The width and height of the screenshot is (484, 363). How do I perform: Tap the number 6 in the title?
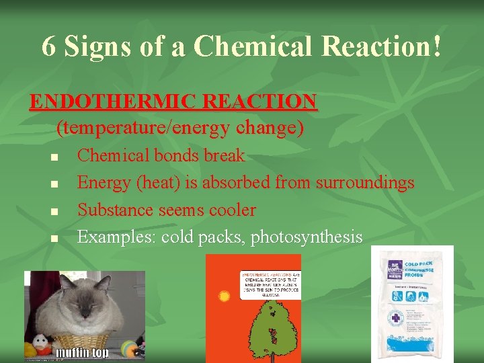coord(48,46)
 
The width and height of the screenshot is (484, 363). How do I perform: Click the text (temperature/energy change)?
coord(179,127)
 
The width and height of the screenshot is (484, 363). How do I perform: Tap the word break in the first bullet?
coord(224,156)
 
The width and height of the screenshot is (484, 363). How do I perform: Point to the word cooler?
coord(232,210)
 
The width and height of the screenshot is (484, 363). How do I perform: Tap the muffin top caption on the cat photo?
coord(82,352)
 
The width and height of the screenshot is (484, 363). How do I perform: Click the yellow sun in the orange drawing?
coord(225,296)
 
